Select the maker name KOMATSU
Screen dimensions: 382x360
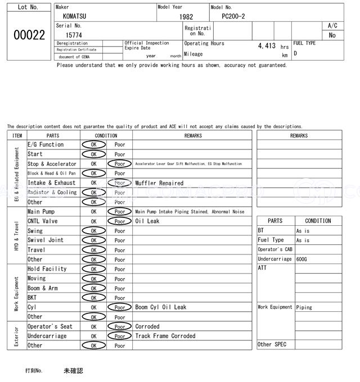(x=74, y=17)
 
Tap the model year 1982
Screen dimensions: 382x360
(x=186, y=17)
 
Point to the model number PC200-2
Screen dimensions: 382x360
(x=234, y=16)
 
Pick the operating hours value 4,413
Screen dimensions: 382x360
(x=267, y=46)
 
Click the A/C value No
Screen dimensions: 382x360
(x=332, y=35)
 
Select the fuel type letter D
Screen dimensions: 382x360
(x=295, y=53)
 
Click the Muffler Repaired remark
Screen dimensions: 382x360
(x=159, y=183)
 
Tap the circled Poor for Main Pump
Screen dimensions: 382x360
(x=119, y=212)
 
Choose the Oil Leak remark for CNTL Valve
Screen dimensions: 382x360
(x=147, y=221)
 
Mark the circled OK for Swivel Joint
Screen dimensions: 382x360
(x=93, y=240)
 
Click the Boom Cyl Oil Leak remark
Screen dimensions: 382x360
(x=160, y=307)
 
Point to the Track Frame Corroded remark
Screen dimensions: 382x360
(x=165, y=336)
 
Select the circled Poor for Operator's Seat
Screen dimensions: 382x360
(x=119, y=326)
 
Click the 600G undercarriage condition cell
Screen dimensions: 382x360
(x=302, y=259)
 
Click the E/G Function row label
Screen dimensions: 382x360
(x=46, y=144)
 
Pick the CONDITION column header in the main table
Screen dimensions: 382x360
(x=106, y=135)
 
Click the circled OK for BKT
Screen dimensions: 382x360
(x=93, y=298)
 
